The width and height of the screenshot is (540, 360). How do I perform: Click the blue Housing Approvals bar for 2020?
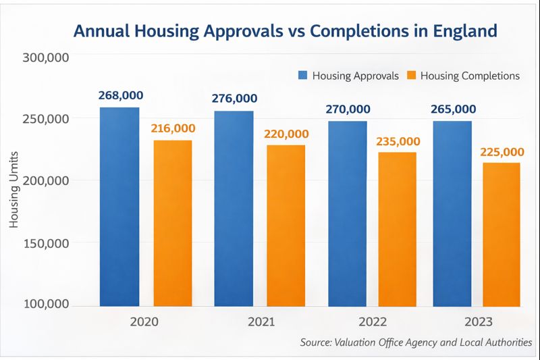(119, 206)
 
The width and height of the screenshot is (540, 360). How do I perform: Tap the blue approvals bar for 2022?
(348, 213)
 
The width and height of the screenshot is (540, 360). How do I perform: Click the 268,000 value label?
(119, 96)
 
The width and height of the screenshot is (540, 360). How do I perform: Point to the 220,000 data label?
(286, 134)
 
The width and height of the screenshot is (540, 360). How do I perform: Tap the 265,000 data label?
(452, 109)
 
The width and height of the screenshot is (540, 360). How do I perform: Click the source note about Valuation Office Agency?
(416, 343)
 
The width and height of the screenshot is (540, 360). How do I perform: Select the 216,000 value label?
(173, 128)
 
